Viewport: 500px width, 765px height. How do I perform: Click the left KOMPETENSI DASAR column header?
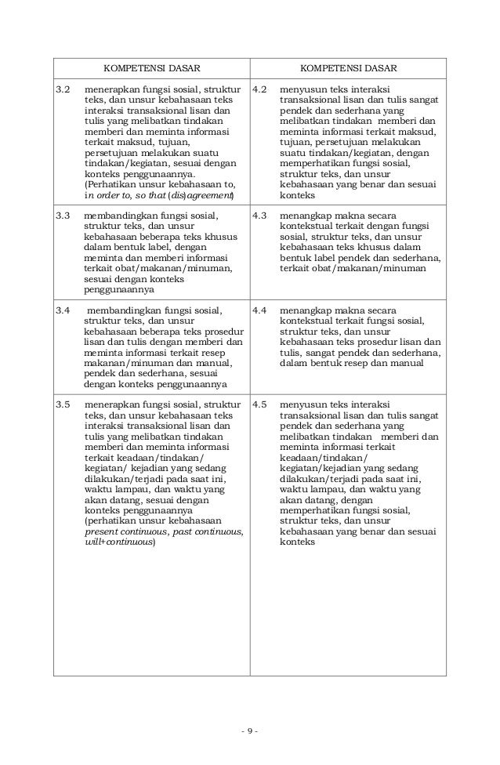pyautogui.click(x=151, y=69)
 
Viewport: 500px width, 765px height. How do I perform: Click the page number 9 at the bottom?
pyautogui.click(x=250, y=732)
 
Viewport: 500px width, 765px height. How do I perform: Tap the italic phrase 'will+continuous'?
pyautogui.click(x=120, y=542)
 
